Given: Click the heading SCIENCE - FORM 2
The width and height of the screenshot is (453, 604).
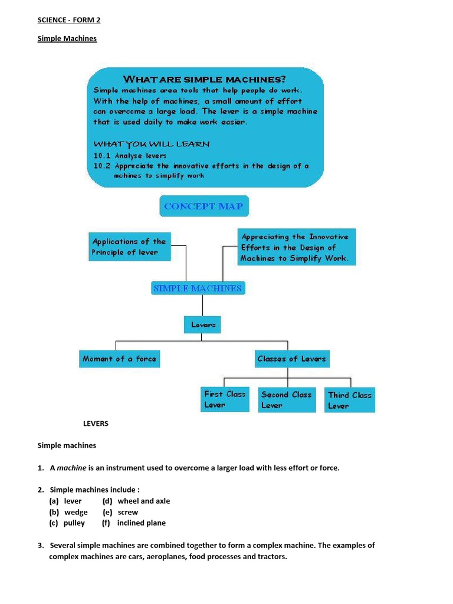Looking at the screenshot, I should pyautogui.click(x=69, y=20).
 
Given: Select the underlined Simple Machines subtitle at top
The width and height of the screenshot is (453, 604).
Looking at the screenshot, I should pyautogui.click(x=67, y=38).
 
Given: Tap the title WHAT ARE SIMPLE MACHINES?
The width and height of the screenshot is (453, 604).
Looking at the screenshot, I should pyautogui.click(x=204, y=79).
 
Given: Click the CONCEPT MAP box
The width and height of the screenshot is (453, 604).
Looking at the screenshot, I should pyautogui.click(x=203, y=206).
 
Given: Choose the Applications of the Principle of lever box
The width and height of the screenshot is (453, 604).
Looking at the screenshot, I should pyautogui.click(x=129, y=247).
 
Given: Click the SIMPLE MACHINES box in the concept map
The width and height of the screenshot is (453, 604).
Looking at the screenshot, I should pyautogui.click(x=198, y=288).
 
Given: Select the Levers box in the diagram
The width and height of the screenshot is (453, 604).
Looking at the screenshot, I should pyautogui.click(x=203, y=324).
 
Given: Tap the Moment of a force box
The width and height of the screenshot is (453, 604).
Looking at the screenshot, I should pyautogui.click(x=120, y=359).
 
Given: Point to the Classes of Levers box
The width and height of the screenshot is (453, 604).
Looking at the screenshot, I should pyautogui.click(x=291, y=359).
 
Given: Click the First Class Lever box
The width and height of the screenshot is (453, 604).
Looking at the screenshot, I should pyautogui.click(x=225, y=399).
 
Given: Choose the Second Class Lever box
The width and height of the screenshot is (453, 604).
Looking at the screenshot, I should pyautogui.click(x=287, y=399).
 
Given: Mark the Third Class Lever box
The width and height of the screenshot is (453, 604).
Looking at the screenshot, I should pyautogui.click(x=350, y=400).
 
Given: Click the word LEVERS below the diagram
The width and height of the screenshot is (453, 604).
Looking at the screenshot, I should pyautogui.click(x=95, y=424).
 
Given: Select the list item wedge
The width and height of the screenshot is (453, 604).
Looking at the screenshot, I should pyautogui.click(x=76, y=512).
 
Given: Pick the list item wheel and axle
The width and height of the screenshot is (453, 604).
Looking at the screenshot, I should pyautogui.click(x=143, y=501).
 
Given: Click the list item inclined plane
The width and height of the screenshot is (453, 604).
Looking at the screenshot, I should pyautogui.click(x=142, y=523).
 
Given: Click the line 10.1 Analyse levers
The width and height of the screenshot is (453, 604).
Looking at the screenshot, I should pyautogui.click(x=130, y=156).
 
